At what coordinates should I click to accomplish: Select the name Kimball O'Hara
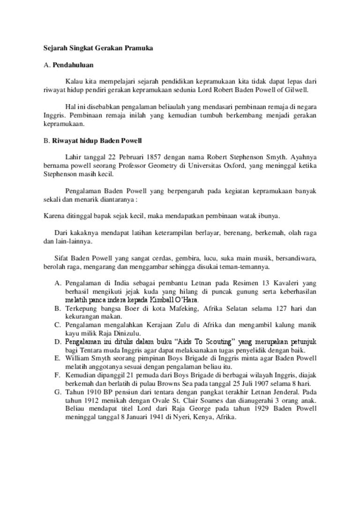click(173, 300)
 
